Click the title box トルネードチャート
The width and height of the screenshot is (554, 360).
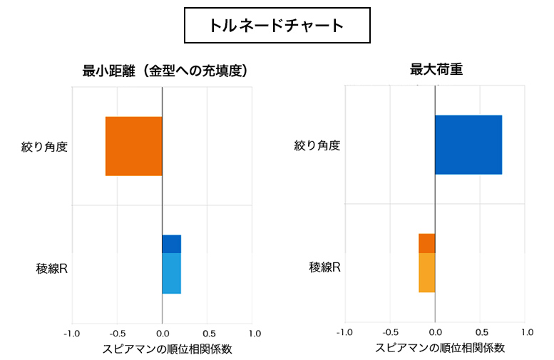click(277, 26)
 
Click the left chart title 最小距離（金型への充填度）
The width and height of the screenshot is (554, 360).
click(164, 71)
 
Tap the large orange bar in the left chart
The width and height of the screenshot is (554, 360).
click(134, 146)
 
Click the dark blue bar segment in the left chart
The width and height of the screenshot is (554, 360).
click(171, 244)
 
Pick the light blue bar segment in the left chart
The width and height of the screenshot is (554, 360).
click(171, 273)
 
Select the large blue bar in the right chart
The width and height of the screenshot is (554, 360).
click(468, 145)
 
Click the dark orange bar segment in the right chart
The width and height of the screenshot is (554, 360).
click(426, 243)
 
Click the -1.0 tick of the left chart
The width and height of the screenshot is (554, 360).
click(72, 333)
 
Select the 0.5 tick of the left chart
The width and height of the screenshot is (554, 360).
click(208, 333)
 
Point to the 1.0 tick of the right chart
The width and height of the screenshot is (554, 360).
click(527, 332)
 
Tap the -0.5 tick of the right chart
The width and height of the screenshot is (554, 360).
click(389, 332)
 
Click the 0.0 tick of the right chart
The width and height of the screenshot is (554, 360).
click(435, 332)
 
